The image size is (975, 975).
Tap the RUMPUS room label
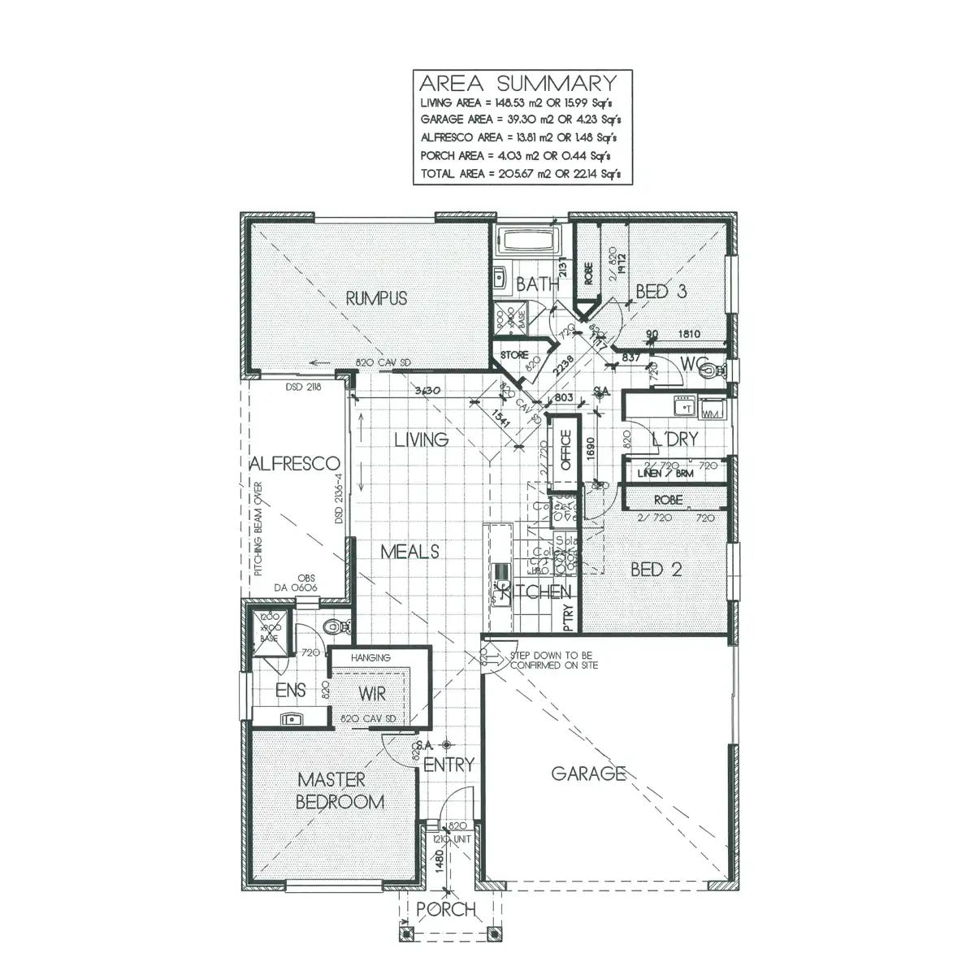tap(376, 298)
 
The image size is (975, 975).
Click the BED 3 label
tap(661, 291)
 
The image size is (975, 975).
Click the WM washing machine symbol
tap(710, 414)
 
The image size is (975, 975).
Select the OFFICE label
tap(566, 449)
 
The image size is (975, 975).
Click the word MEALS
tap(410, 552)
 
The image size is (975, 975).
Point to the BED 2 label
tap(656, 570)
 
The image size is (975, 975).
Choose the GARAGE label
tap(588, 773)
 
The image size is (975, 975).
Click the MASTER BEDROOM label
tap(340, 791)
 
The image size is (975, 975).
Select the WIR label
tap(372, 695)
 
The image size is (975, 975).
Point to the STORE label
tap(514, 356)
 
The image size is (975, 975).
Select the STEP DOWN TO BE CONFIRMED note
tap(554, 660)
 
